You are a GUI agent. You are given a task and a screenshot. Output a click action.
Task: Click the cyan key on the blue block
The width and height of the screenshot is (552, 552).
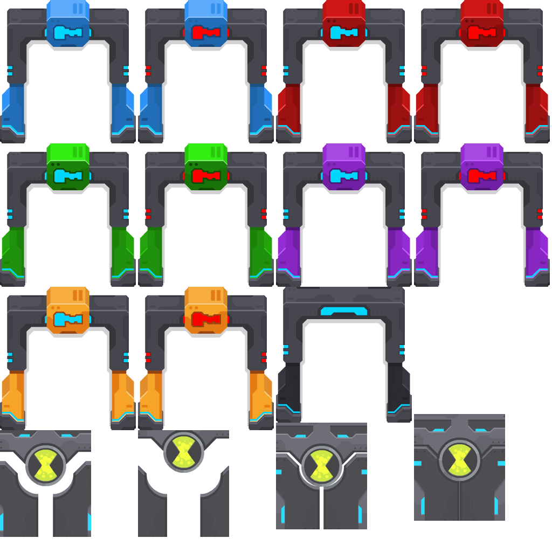[x=68, y=32]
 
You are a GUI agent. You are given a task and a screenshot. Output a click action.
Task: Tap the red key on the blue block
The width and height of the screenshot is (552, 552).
[x=206, y=32]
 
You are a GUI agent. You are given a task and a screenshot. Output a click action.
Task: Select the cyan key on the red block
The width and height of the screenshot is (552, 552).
[x=344, y=32]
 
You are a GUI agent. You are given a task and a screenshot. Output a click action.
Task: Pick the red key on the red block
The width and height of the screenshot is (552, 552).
[x=482, y=32]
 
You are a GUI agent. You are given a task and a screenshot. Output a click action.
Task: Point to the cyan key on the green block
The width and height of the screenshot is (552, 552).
[x=68, y=176]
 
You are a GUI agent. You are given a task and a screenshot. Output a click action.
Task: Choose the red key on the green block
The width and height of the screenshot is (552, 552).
[x=206, y=176]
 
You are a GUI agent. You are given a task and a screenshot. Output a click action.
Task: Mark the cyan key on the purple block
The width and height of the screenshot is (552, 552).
[x=344, y=176]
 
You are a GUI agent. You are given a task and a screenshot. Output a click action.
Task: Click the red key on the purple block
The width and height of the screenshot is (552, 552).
[x=482, y=176]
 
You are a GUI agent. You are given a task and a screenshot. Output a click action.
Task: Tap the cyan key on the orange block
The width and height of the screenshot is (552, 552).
[x=68, y=319]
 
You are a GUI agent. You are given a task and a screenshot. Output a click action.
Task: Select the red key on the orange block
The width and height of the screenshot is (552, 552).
[x=206, y=319]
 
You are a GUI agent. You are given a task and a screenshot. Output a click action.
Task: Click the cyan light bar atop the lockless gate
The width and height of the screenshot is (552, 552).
[x=344, y=311]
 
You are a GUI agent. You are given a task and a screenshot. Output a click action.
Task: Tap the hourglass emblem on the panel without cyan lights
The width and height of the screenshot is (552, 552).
[x=184, y=452]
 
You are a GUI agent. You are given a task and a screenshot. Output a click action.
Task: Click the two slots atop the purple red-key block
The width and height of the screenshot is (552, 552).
[x=492, y=152]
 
